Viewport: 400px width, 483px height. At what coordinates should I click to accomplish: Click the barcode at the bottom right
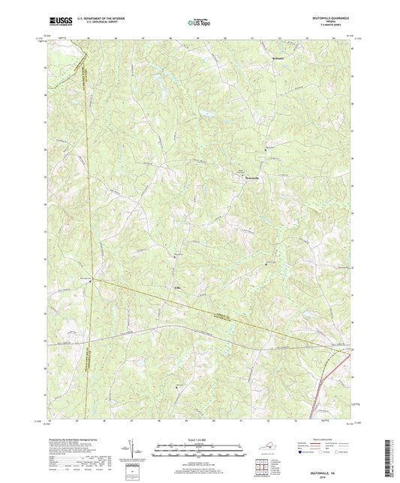[x=393, y=455]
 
